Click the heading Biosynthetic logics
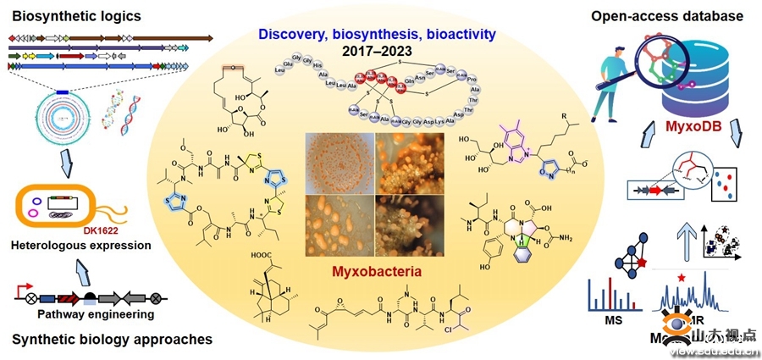[x=63, y=16]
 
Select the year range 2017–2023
[x=378, y=51]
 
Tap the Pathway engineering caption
[x=95, y=314]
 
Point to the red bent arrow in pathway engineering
[x=27, y=286]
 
